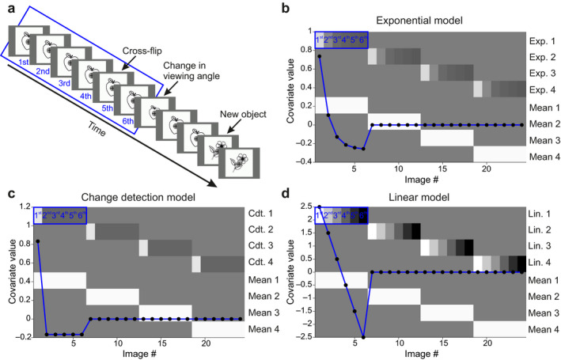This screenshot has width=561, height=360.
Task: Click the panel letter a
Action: point(6,6)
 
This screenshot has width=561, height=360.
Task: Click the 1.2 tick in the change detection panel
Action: point(25,206)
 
